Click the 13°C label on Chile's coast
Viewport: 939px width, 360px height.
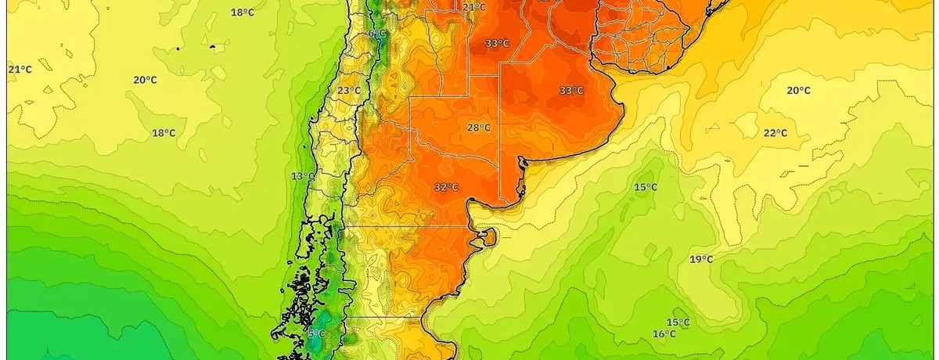(x=303, y=176)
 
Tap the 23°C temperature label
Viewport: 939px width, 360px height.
(x=349, y=91)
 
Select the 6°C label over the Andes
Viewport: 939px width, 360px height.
(x=377, y=34)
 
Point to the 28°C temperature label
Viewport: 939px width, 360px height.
(x=479, y=128)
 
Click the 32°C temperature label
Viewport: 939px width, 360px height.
(x=446, y=187)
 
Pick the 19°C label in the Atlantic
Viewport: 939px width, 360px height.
(x=701, y=259)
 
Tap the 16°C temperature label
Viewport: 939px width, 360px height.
(x=664, y=334)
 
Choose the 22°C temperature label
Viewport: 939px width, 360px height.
(x=775, y=133)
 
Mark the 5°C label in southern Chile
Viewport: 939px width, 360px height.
(x=316, y=334)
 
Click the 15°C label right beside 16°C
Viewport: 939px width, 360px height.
(x=678, y=322)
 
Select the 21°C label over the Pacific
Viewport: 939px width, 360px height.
(x=20, y=70)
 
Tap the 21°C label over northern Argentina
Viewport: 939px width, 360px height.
(x=474, y=8)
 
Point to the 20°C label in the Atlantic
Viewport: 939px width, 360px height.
(x=798, y=91)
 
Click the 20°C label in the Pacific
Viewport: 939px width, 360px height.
(x=145, y=80)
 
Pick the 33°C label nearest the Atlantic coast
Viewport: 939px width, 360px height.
(x=571, y=91)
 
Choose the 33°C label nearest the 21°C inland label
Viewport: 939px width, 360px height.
(x=497, y=44)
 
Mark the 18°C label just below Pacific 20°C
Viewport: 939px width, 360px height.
(x=164, y=133)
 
